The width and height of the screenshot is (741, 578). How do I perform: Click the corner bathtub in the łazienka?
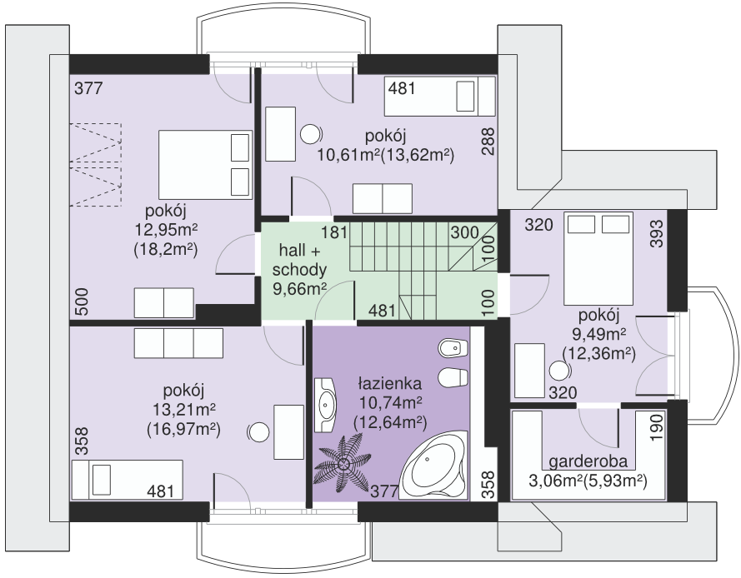pyautogui.click(x=433, y=465)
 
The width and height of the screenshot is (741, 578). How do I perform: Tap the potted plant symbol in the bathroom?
pyautogui.click(x=343, y=464)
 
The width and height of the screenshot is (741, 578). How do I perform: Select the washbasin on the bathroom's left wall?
pyautogui.click(x=325, y=404)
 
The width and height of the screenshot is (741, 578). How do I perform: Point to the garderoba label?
pyautogui.click(x=588, y=461)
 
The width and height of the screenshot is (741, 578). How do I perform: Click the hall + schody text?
pyautogui.click(x=299, y=259)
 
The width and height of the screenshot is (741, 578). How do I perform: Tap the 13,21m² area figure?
pyautogui.click(x=184, y=409)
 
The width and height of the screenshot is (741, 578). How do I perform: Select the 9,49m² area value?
pyautogui.click(x=599, y=334)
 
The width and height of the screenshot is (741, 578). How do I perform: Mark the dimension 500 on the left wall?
pyautogui.click(x=82, y=302)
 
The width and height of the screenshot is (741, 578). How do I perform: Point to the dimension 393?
pyautogui.click(x=657, y=234)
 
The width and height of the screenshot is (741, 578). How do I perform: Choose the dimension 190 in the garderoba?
pyautogui.click(x=657, y=428)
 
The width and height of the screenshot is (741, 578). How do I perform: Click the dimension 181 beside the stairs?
pyautogui.click(x=334, y=232)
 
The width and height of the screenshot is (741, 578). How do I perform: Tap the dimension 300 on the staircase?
pyautogui.click(x=464, y=232)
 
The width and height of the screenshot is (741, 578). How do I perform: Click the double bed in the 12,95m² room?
pyautogui.click(x=204, y=165)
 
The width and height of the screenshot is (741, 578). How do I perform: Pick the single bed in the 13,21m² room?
pyautogui.click(x=128, y=479)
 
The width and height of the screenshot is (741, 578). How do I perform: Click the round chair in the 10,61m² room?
pyautogui.click(x=311, y=134)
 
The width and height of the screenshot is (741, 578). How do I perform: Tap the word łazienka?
pyautogui.click(x=390, y=383)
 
